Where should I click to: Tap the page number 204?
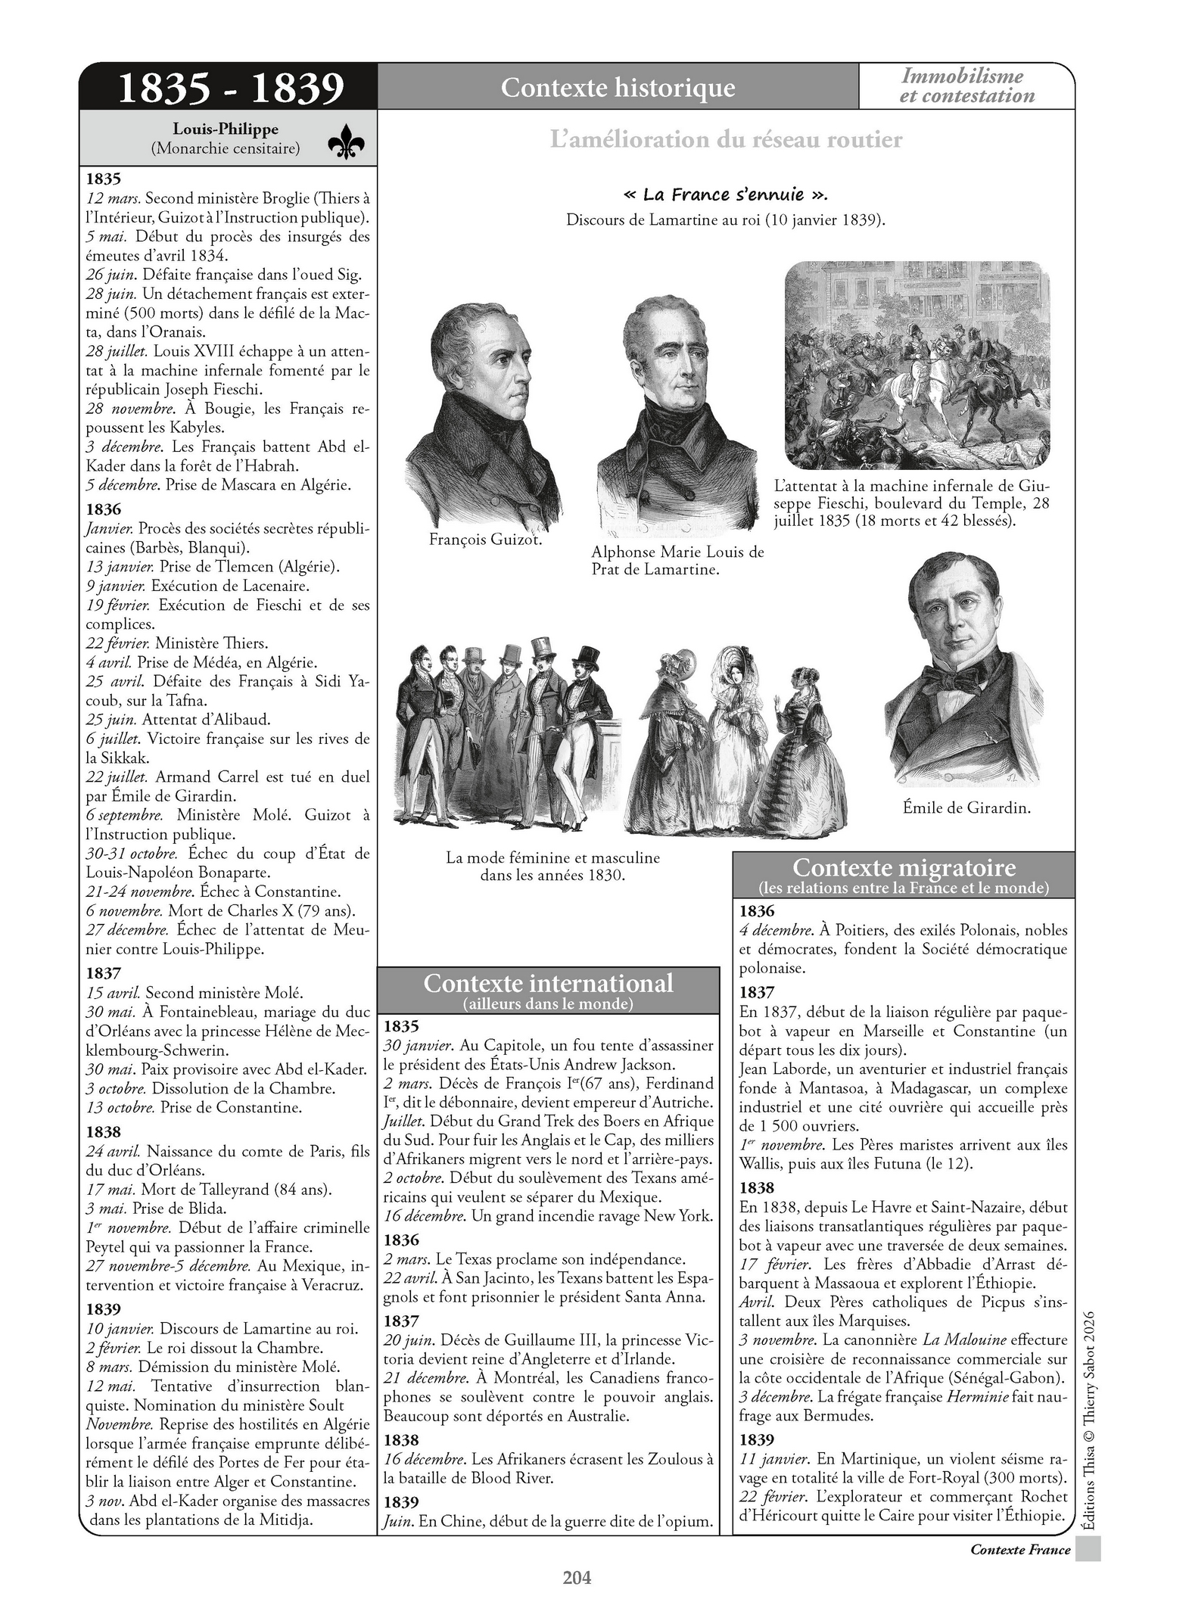[x=577, y=1577]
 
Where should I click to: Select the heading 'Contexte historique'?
[x=618, y=88]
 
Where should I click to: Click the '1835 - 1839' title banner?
[x=230, y=88]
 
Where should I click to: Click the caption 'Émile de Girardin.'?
[x=966, y=807]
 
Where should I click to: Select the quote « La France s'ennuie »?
[x=724, y=194]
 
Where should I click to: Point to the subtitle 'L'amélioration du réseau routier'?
[x=726, y=139]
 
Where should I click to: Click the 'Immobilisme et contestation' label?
[x=966, y=86]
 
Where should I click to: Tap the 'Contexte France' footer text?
[x=1019, y=1549]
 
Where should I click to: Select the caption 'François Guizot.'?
[x=485, y=540]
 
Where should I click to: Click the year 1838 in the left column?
[x=104, y=1132]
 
